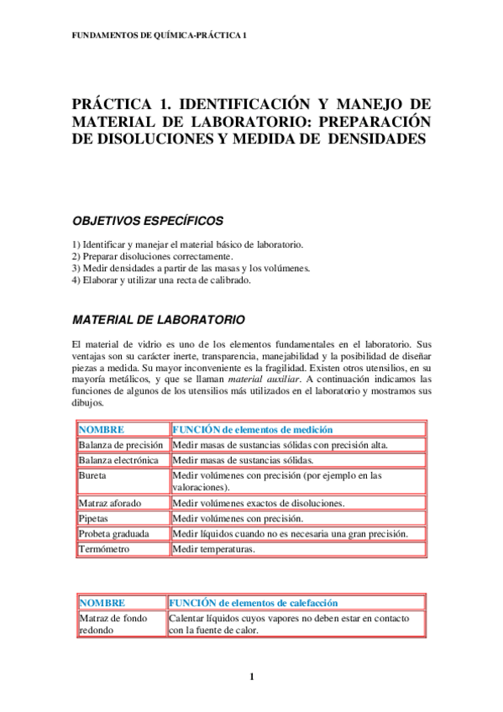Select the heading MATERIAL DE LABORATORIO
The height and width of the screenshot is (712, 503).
[159, 320]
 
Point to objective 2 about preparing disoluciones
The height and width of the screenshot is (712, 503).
[154, 256]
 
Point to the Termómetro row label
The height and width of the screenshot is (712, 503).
[106, 549]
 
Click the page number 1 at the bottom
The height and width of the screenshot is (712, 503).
[251, 677]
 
